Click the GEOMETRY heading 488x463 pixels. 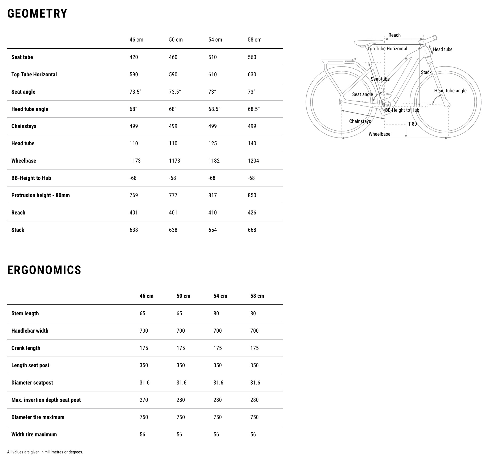coord(37,14)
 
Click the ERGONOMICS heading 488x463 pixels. coord(44,270)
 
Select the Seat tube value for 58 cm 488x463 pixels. coord(252,57)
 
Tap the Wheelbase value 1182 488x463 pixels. coord(214,161)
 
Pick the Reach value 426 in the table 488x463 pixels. coord(252,213)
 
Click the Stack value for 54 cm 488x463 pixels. coord(213,230)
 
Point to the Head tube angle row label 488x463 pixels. coord(30,109)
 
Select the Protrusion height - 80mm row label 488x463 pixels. coord(40,195)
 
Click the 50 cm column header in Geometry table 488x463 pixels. coord(176,40)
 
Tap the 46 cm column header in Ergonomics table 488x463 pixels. coord(147,296)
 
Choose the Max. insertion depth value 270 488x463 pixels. coord(144,400)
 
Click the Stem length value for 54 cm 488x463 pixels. coord(216,313)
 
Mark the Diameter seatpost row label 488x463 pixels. coord(32,383)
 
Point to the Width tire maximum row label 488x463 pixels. coord(34,435)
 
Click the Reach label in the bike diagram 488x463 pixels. coord(395,35)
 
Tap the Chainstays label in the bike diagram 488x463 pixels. coord(360,121)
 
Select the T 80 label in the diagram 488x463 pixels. coord(412,124)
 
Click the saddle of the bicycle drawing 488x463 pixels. coord(369,43)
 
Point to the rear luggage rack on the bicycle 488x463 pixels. coord(337,62)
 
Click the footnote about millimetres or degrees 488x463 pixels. coord(45,452)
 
